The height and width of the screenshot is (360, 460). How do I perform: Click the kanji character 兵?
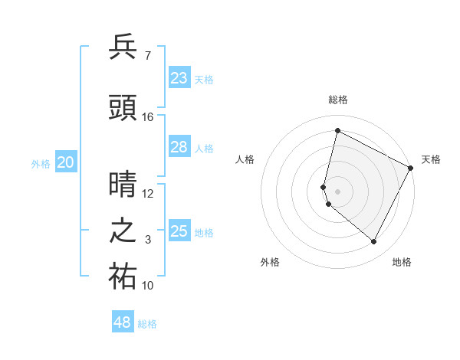click(x=123, y=47)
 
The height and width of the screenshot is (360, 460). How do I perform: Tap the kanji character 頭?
click(x=123, y=109)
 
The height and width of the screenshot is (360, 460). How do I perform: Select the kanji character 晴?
click(x=123, y=185)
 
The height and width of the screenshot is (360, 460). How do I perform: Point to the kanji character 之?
click(x=123, y=231)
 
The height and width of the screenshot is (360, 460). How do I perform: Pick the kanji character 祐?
click(x=123, y=277)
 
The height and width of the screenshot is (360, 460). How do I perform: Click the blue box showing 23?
click(x=179, y=78)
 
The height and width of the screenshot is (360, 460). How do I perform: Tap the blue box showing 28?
click(x=179, y=147)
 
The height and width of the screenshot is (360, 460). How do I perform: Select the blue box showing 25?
click(x=179, y=231)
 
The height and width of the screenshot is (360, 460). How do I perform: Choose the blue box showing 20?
click(x=66, y=162)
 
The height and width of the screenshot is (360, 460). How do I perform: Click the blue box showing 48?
click(x=123, y=322)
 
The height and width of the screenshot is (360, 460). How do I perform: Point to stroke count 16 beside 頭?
click(x=148, y=116)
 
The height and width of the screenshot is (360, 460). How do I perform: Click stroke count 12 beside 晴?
click(x=148, y=193)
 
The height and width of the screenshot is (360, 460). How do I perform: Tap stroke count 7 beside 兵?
click(x=147, y=55)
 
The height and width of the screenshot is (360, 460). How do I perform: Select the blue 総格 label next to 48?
click(x=147, y=324)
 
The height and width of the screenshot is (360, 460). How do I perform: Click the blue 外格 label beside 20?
click(x=41, y=163)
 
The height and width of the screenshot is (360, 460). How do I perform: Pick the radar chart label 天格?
click(x=431, y=159)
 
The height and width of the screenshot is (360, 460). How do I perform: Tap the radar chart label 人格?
click(x=245, y=159)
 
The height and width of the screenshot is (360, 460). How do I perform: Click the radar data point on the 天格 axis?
click(x=411, y=168)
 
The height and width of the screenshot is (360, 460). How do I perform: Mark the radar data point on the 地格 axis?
click(x=374, y=242)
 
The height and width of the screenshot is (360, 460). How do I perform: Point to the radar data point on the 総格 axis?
click(x=337, y=131)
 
